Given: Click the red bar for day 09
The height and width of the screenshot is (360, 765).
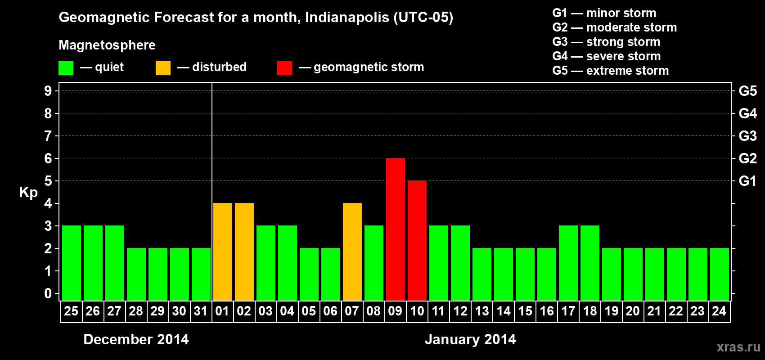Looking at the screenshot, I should (x=395, y=229).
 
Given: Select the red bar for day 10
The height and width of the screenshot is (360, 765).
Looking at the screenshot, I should (x=417, y=240).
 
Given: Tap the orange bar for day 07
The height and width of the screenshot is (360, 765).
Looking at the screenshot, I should (x=352, y=252).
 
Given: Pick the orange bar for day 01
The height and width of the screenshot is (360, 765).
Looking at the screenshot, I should (x=222, y=252).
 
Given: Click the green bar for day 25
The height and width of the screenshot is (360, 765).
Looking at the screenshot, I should (x=71, y=263).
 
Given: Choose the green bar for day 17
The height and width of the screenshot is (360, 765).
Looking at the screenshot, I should (x=568, y=263).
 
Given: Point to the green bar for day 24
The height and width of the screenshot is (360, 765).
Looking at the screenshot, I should (x=719, y=274).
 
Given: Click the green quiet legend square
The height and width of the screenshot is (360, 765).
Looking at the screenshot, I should (x=66, y=68).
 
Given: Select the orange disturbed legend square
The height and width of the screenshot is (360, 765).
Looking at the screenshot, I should (x=163, y=68).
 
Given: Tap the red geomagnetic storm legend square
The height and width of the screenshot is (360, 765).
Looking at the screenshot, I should (x=284, y=68).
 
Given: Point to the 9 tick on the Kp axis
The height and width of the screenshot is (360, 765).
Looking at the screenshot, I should (x=48, y=91).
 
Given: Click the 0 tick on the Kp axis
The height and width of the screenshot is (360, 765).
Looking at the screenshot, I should (x=48, y=293).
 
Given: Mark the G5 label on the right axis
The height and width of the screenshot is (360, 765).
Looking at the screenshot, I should (x=747, y=91).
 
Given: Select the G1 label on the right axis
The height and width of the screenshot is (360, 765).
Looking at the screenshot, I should (x=747, y=181).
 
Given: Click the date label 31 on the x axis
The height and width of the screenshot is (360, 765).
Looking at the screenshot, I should (x=201, y=311).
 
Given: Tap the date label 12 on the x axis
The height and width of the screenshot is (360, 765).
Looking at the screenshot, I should (x=460, y=311).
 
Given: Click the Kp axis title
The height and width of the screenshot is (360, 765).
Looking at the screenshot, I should (x=28, y=192).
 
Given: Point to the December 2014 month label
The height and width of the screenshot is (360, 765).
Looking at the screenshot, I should (x=136, y=339).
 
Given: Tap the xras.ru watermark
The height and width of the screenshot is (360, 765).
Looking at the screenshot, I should (x=738, y=347).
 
